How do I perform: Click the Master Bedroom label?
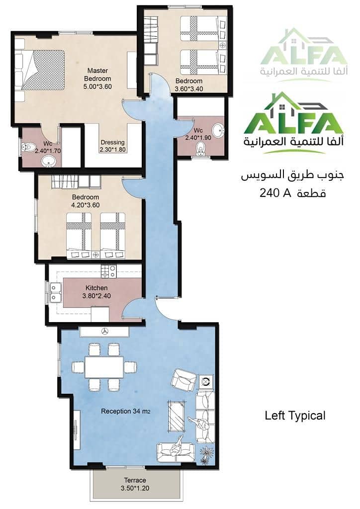pos(97,75)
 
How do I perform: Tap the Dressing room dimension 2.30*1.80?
pos(113,150)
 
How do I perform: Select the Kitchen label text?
pos(96,288)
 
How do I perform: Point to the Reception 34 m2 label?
pos(126,411)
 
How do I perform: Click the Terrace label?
pos(135,480)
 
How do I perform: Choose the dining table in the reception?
pos(104,367)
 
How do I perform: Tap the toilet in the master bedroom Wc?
pos(27,147)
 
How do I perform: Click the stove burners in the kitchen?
pos(109,272)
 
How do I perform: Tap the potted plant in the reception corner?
pos(206,454)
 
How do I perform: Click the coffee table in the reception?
pos(176,417)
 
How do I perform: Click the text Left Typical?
pos(295,416)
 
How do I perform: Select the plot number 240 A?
pos(274,193)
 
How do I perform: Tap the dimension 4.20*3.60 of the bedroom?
pos(86,205)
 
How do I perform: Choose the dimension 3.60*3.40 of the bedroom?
pos(189,88)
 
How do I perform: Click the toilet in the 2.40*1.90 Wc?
pos(201,148)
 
